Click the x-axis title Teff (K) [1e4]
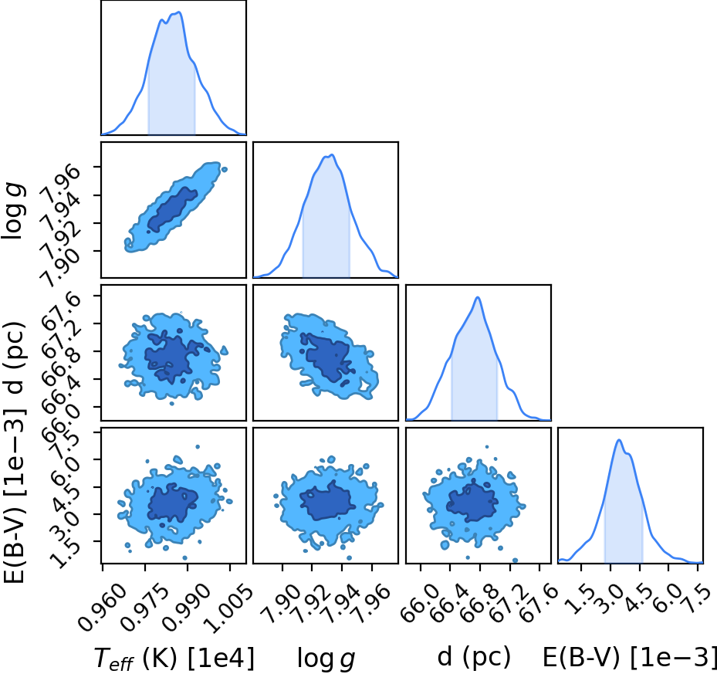pos(174,659)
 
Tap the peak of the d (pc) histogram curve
pos(478,297)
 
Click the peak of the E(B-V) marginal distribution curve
pos(619,440)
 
